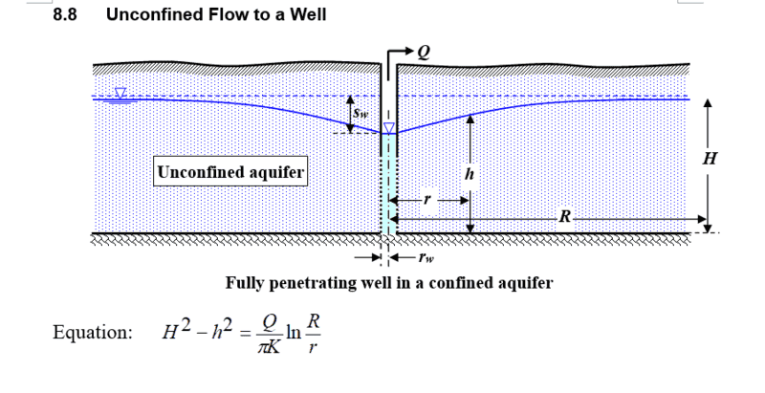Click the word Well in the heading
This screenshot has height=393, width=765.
[307, 15]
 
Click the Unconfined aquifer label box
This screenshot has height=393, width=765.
[230, 173]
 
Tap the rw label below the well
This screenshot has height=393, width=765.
[425, 257]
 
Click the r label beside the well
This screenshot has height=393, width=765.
[428, 201]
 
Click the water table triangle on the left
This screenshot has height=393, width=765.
[120, 94]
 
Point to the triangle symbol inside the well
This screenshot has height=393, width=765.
[388, 128]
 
